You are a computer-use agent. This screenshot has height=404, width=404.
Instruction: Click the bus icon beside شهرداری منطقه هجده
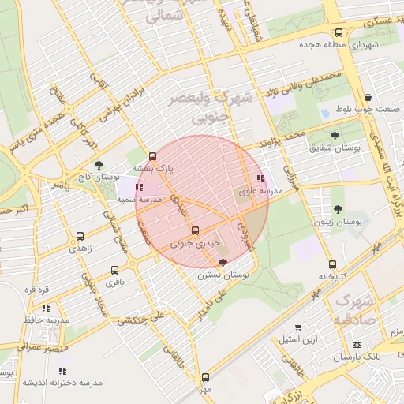[x=339, y=33]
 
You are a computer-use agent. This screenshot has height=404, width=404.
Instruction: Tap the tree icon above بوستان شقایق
[x=335, y=136]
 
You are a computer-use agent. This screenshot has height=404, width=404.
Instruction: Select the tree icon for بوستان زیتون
[x=338, y=209]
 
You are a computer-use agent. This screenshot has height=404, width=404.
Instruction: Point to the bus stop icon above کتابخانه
[x=332, y=264]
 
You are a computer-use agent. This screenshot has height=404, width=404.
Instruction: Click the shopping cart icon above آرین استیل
[x=298, y=327]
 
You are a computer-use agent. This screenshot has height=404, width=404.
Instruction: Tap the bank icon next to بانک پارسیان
[x=356, y=346]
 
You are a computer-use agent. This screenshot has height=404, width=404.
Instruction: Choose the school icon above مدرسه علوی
[x=261, y=179]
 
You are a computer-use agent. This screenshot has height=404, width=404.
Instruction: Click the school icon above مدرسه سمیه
[x=140, y=188]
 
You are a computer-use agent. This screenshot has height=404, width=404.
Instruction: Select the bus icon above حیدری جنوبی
[x=196, y=231]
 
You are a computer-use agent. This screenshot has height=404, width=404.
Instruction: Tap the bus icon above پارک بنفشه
[x=152, y=156]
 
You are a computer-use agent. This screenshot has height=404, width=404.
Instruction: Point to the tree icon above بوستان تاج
[x=98, y=165]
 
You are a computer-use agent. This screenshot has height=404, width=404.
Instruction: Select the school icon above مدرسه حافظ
[x=46, y=308]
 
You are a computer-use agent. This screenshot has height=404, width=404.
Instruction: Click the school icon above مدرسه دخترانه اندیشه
[x=62, y=370]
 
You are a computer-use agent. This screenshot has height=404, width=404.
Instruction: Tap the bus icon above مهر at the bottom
[x=205, y=377]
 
